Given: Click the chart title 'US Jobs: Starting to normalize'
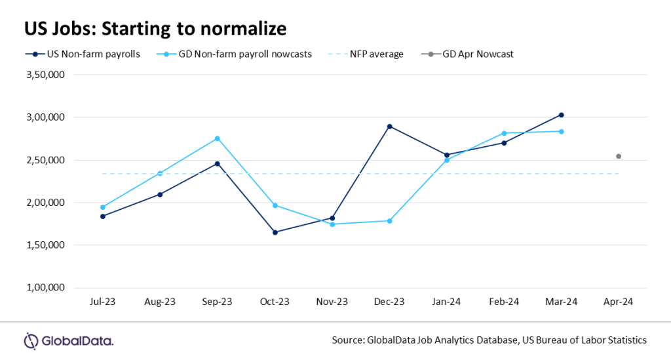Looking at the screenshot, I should [155, 29].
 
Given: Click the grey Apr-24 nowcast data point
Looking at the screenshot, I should [619, 156].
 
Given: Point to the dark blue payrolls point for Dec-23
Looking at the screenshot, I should [389, 126].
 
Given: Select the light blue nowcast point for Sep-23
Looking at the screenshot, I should [218, 138].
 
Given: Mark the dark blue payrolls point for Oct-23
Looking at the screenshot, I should [275, 232].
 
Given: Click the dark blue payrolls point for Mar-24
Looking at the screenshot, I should [562, 115].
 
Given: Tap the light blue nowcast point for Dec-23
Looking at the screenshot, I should [389, 221].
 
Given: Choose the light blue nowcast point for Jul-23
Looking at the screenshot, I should [103, 207].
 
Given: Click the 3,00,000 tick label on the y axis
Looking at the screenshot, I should [45, 117].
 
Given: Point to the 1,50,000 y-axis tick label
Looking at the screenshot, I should [45, 245].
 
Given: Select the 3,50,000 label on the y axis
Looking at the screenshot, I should [45, 75].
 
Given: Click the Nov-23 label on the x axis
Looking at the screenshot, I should [332, 302].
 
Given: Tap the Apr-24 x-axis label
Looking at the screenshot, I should [619, 302].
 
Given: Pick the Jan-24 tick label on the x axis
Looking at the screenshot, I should [447, 302].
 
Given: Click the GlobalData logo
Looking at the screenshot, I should [69, 341].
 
